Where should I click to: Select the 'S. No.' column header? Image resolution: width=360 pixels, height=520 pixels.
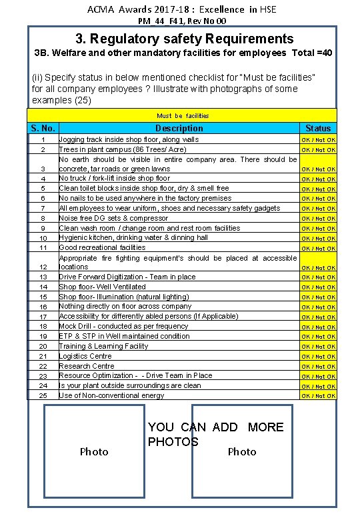(x=43, y=128)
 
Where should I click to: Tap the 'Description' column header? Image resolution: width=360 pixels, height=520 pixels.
(x=179, y=128)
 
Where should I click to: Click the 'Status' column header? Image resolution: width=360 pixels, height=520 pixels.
(x=318, y=128)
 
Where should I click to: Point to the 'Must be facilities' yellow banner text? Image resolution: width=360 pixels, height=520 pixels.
(x=182, y=116)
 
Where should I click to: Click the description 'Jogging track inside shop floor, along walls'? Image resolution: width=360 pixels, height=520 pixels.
(x=129, y=140)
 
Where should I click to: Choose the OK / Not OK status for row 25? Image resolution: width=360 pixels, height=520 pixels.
(x=318, y=396)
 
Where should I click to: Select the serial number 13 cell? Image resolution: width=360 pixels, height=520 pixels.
(x=43, y=277)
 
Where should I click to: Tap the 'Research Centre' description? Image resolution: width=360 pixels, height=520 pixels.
(x=87, y=366)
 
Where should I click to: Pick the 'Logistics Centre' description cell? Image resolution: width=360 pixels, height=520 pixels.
(x=85, y=356)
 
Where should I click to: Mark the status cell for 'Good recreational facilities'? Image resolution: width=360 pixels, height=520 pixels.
(x=318, y=248)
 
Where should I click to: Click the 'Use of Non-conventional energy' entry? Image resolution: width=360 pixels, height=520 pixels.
(x=111, y=396)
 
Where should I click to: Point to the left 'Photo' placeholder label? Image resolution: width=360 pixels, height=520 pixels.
(x=94, y=452)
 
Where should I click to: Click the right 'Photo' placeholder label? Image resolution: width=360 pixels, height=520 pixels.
(x=242, y=452)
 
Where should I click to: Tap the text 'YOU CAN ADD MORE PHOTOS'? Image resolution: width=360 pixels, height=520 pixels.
(x=215, y=434)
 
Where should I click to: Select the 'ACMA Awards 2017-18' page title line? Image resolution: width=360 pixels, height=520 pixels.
(x=181, y=9)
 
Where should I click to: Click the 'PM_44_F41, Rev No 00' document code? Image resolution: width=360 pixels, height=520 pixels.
(x=181, y=21)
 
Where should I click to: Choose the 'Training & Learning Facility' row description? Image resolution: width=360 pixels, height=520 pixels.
(x=103, y=346)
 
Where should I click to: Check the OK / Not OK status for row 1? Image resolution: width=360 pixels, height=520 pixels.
(x=318, y=140)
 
